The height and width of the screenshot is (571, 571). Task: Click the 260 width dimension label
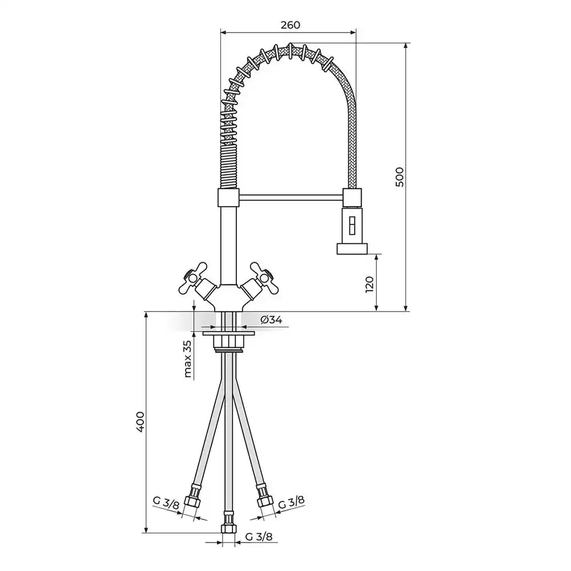tap(290, 25)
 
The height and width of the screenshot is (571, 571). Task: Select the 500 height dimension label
tap(400, 177)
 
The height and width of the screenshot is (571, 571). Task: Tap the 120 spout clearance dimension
tap(369, 284)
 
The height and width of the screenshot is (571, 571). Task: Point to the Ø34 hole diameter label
tap(271, 320)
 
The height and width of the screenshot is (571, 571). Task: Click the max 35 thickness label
tap(188, 359)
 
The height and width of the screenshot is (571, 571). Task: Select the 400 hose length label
tap(140, 422)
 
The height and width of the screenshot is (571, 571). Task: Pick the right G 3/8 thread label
tap(291, 502)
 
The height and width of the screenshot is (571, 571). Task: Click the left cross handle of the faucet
tap(192, 278)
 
